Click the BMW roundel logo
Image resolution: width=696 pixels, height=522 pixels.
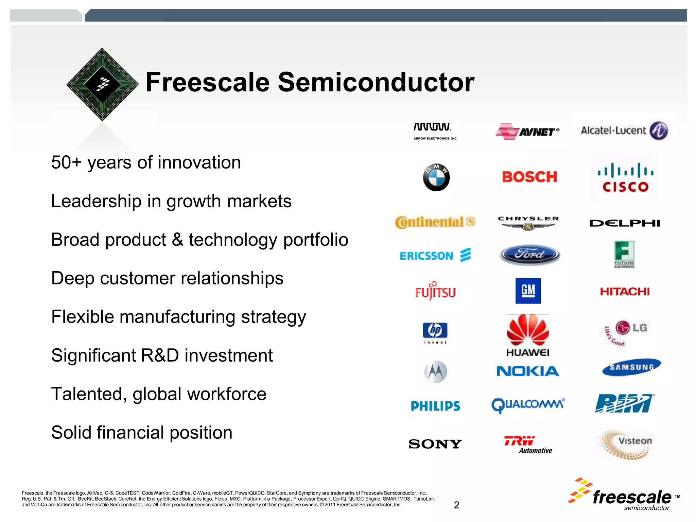point(436,177)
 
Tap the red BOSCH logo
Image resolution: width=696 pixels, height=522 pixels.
point(529,177)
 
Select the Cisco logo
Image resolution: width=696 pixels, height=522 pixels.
point(625,178)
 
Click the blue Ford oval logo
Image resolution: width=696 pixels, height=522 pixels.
point(529,255)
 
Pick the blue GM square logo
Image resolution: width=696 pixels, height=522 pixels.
point(528,291)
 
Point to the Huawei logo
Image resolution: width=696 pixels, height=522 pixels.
point(528,335)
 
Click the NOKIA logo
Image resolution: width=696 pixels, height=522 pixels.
point(528,371)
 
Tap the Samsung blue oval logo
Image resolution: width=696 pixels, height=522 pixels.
point(631,367)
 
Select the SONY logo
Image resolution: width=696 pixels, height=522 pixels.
point(435,444)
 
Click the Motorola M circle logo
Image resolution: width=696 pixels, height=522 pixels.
point(436,371)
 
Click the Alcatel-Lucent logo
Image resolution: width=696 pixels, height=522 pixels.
point(625,130)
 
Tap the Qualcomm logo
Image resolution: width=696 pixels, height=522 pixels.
point(528,404)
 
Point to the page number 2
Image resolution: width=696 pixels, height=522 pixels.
point(456,505)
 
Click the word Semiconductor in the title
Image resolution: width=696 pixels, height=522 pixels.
point(376,83)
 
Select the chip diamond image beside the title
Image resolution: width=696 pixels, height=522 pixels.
point(103,84)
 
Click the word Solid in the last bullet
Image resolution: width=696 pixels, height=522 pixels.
point(71,433)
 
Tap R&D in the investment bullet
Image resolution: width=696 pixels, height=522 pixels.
point(159,355)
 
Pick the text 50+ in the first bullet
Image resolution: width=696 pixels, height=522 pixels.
point(66,162)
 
